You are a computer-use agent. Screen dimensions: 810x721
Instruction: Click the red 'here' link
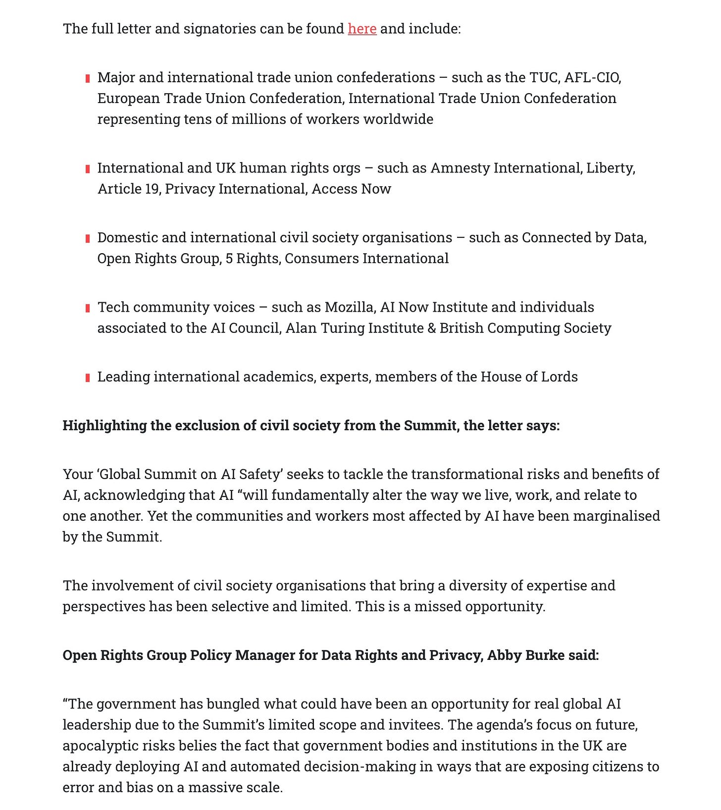click(x=362, y=29)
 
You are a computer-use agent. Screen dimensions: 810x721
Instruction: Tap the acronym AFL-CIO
click(x=592, y=78)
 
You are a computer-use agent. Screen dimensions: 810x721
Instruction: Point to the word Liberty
click(x=610, y=168)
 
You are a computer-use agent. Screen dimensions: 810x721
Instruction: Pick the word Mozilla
click(x=350, y=307)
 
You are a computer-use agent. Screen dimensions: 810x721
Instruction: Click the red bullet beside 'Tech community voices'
click(x=88, y=308)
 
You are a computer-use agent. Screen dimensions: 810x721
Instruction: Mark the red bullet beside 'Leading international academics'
click(x=88, y=378)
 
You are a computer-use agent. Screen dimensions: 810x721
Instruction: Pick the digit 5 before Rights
click(x=229, y=259)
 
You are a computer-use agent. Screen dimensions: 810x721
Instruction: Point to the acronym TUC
click(x=544, y=78)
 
